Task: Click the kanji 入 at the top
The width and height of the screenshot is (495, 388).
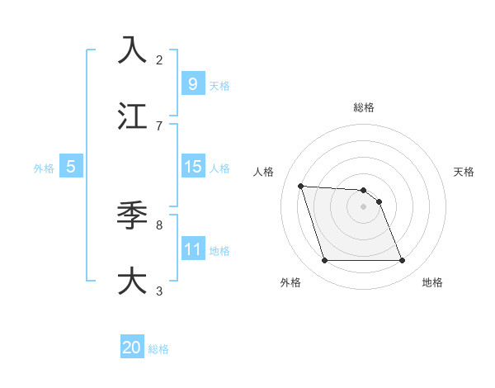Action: coord(132,50)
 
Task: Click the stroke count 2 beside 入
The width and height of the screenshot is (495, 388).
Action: coord(159,60)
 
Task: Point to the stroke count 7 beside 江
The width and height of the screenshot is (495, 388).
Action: coord(159,126)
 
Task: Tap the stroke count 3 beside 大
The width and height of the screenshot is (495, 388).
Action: coord(159,291)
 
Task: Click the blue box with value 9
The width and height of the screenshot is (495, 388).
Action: coord(192,83)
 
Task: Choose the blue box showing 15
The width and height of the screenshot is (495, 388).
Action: coord(192,167)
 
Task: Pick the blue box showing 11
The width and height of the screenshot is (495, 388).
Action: coord(192,248)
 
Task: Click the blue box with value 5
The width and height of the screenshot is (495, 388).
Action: coord(71,167)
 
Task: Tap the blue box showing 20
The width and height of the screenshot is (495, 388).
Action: coord(132,348)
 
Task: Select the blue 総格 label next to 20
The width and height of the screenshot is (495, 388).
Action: coord(159,349)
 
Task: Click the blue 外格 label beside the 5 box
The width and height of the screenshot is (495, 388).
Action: coord(44,168)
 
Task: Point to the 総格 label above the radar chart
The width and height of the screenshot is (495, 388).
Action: coord(364,107)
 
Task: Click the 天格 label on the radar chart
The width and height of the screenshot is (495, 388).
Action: coord(464,172)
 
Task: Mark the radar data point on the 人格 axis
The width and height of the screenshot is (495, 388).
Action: coord(301,186)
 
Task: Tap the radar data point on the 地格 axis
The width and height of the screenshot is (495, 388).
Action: coord(403,261)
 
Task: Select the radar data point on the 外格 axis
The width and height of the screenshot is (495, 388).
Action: coord(324,261)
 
